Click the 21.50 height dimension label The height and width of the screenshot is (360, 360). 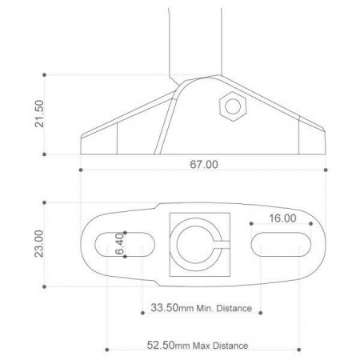pos(39,114)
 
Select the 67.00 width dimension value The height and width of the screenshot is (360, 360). pos(204,164)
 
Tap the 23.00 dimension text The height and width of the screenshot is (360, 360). pos(39,243)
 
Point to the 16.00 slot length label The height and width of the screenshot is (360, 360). pos(282,218)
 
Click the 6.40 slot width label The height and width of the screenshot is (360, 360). pos(119,243)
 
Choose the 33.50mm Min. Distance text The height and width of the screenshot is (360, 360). pos(202,308)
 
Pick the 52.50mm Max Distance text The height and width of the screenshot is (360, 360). pos(198,346)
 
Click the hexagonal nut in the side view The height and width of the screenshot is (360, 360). pos(233,106)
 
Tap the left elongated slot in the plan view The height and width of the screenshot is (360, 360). pos(125,245)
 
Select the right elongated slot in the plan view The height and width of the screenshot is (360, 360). pos(281,245)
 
